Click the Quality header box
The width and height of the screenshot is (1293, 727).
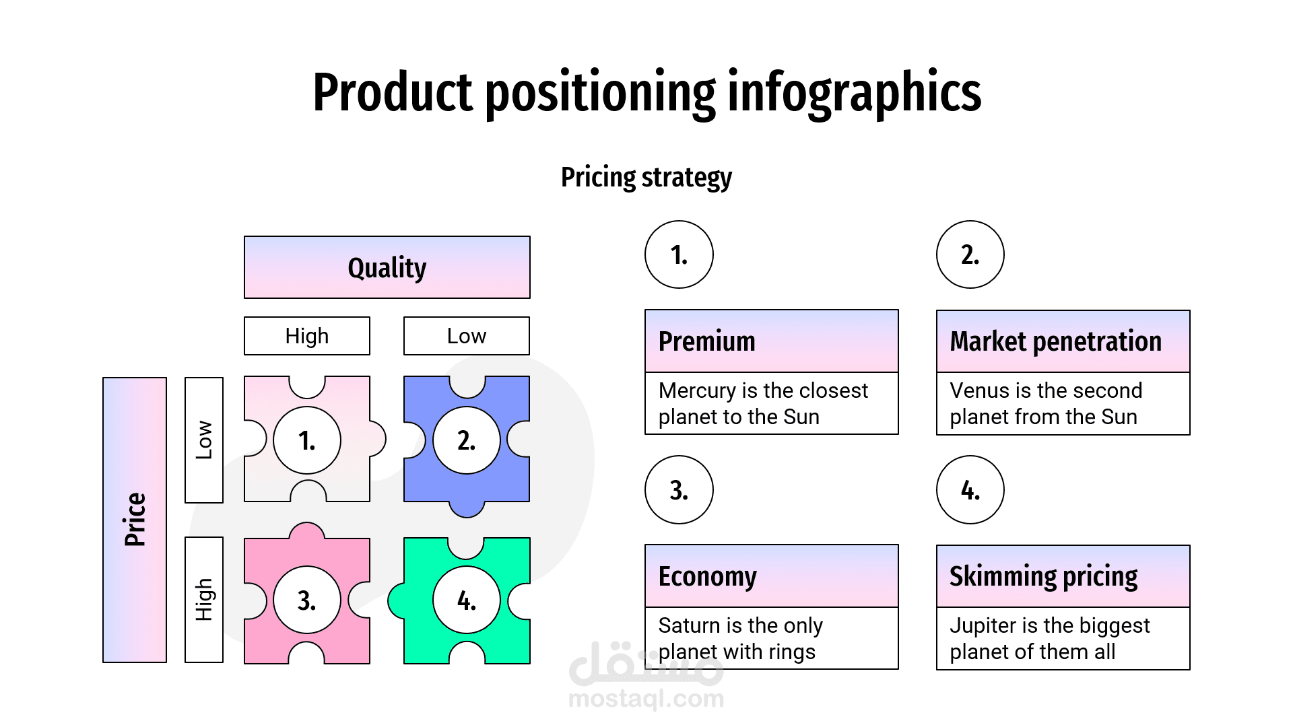(387, 267)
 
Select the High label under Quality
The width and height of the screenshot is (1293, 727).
(306, 336)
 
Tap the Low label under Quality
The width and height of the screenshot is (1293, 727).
(466, 336)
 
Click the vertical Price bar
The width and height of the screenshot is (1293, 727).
(134, 520)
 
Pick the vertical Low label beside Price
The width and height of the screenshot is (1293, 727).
(203, 440)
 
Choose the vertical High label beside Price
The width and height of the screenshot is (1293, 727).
(203, 599)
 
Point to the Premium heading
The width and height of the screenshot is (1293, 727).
(706, 341)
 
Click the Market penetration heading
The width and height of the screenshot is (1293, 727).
(1055, 341)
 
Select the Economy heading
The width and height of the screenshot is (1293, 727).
(707, 576)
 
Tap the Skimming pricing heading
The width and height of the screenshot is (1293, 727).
(1043, 576)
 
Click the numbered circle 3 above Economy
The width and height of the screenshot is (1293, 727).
(679, 489)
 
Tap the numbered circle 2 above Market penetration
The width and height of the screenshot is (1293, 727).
(970, 254)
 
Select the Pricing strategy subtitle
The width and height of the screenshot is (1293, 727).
(646, 177)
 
